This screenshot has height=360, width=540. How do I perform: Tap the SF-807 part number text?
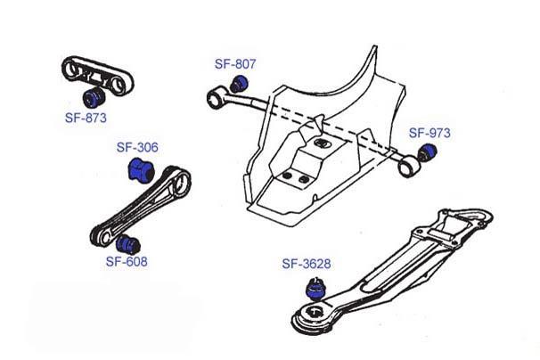coord(235,64)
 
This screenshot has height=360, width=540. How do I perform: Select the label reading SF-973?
coord(430,133)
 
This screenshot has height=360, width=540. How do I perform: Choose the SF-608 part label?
coord(127,262)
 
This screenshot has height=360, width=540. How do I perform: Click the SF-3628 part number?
coord(307,264)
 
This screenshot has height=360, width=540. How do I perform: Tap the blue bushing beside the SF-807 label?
coord(239,84)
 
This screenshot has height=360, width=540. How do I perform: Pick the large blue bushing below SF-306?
coord(141,168)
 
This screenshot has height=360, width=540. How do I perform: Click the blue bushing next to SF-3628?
coord(313,287)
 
